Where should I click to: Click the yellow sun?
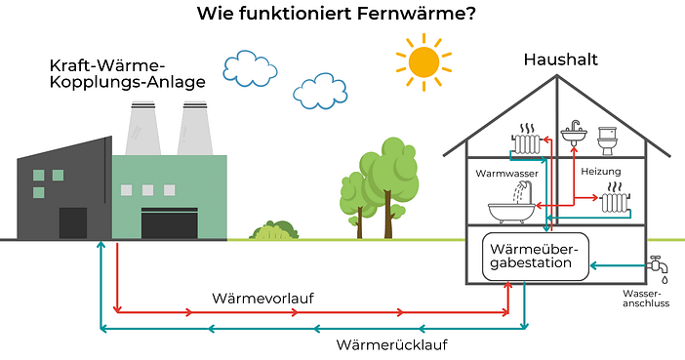(423, 60)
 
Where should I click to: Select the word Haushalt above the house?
(559, 60)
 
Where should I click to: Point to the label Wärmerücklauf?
(392, 345)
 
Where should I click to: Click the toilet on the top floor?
(608, 140)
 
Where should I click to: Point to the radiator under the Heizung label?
(615, 203)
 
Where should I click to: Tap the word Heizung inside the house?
(600, 172)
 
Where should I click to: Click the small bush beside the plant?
(273, 230)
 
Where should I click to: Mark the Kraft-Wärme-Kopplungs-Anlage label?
(127, 73)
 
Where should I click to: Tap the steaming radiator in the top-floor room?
(529, 143)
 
